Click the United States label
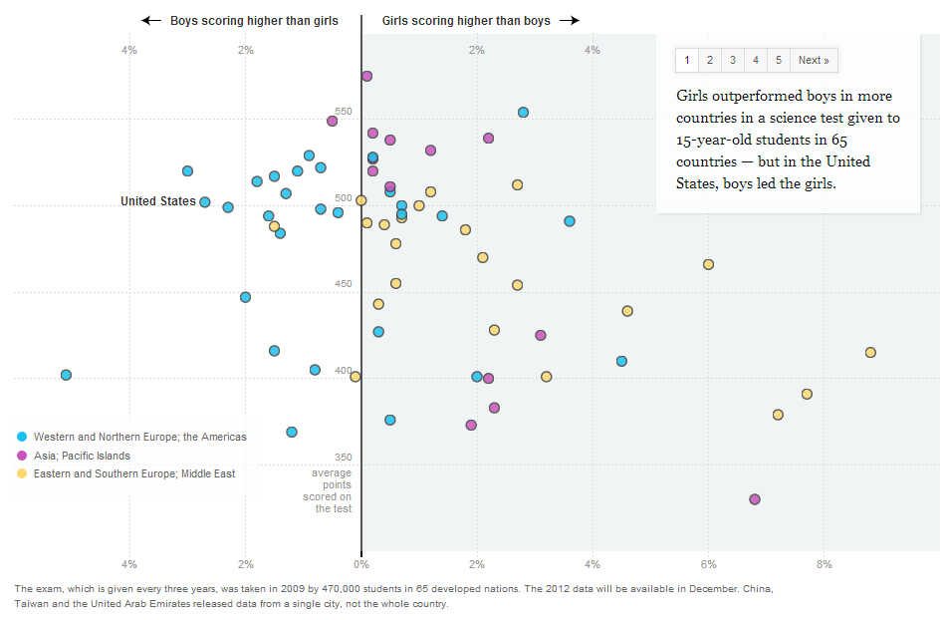click(x=158, y=201)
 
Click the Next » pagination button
click(x=814, y=60)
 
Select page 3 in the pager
click(x=732, y=60)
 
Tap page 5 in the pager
click(x=778, y=60)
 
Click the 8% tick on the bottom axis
click(x=824, y=565)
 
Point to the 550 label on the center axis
click(x=343, y=112)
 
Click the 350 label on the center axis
click(x=343, y=458)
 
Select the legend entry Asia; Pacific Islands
click(x=82, y=456)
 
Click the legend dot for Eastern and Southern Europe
click(x=22, y=473)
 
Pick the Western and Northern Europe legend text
click(x=139, y=437)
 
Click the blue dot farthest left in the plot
click(x=66, y=375)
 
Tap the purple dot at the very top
click(x=366, y=76)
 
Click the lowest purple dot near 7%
click(x=754, y=498)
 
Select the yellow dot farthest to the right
click(x=870, y=352)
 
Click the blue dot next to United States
click(x=205, y=202)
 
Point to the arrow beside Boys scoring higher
click(x=151, y=20)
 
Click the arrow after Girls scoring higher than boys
click(x=569, y=20)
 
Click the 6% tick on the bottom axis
click(x=708, y=565)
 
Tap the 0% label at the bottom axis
click(x=361, y=565)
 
